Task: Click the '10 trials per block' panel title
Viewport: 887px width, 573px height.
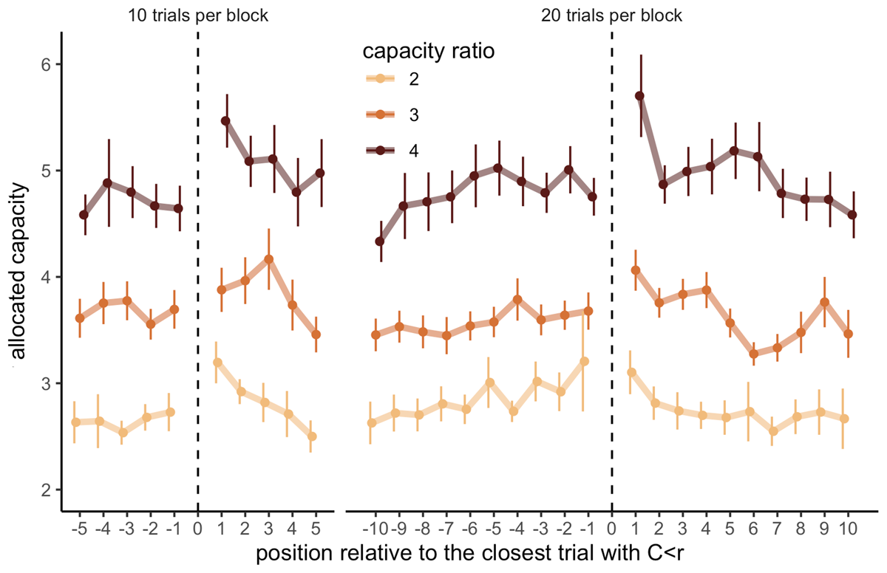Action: [198, 15]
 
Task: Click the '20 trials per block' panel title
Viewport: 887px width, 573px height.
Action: [612, 15]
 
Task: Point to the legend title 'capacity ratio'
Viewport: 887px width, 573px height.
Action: [428, 52]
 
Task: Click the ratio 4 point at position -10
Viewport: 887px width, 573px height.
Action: [380, 241]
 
